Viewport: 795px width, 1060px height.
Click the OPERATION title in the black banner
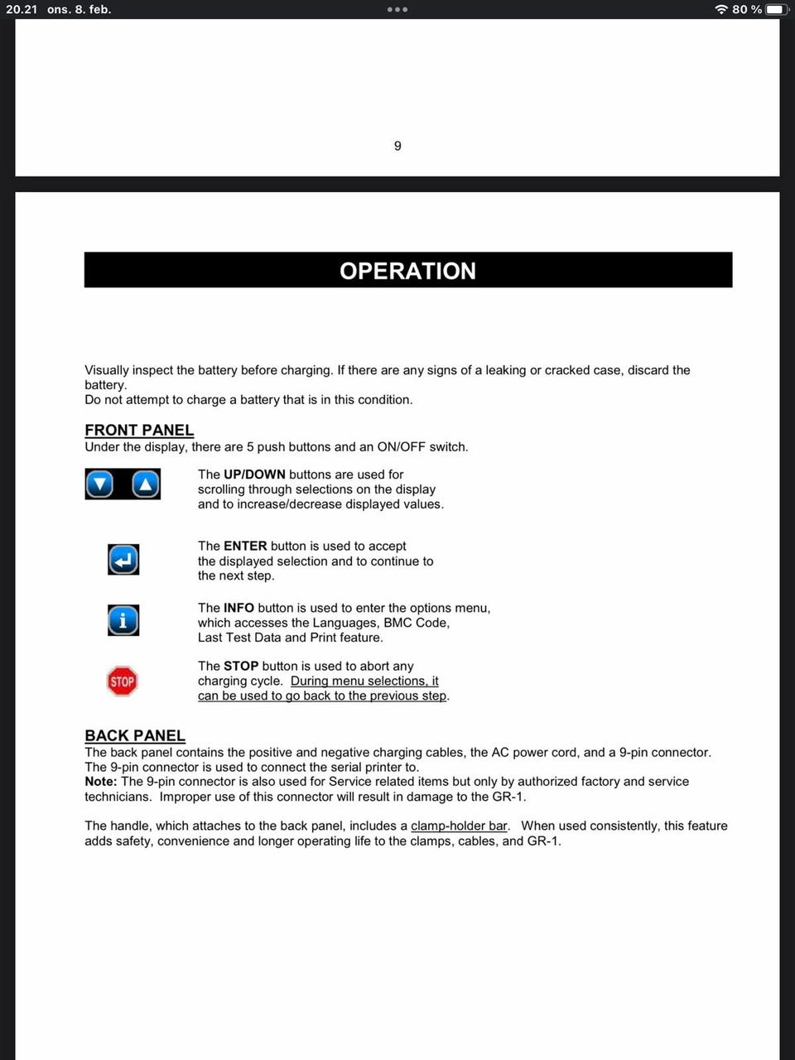pyautogui.click(x=407, y=271)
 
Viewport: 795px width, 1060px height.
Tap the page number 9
pyautogui.click(x=397, y=146)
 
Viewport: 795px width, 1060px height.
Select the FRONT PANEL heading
pyautogui.click(x=139, y=430)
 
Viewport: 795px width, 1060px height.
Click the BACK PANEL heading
pyautogui.click(x=135, y=735)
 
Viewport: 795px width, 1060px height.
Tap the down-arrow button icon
pyautogui.click(x=100, y=484)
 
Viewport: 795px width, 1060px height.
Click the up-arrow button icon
pyautogui.click(x=146, y=484)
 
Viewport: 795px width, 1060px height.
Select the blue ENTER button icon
pyautogui.click(x=123, y=560)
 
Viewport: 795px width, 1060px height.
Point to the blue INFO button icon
pyautogui.click(x=123, y=620)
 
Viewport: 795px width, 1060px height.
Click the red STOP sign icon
pyautogui.click(x=123, y=682)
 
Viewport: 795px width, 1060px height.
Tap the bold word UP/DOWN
pyautogui.click(x=254, y=475)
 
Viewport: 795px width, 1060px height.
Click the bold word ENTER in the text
pyautogui.click(x=245, y=546)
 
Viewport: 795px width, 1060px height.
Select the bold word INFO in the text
pyautogui.click(x=238, y=608)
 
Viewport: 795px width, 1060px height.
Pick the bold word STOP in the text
pyautogui.click(x=241, y=666)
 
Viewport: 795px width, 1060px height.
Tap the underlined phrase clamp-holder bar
pyautogui.click(x=459, y=826)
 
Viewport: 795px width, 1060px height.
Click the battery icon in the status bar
pyautogui.click(x=777, y=9)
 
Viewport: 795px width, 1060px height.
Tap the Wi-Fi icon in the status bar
pyautogui.click(x=721, y=9)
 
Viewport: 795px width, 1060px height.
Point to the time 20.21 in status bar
pyautogui.click(x=22, y=9)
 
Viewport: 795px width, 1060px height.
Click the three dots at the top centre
pyautogui.click(x=397, y=9)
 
